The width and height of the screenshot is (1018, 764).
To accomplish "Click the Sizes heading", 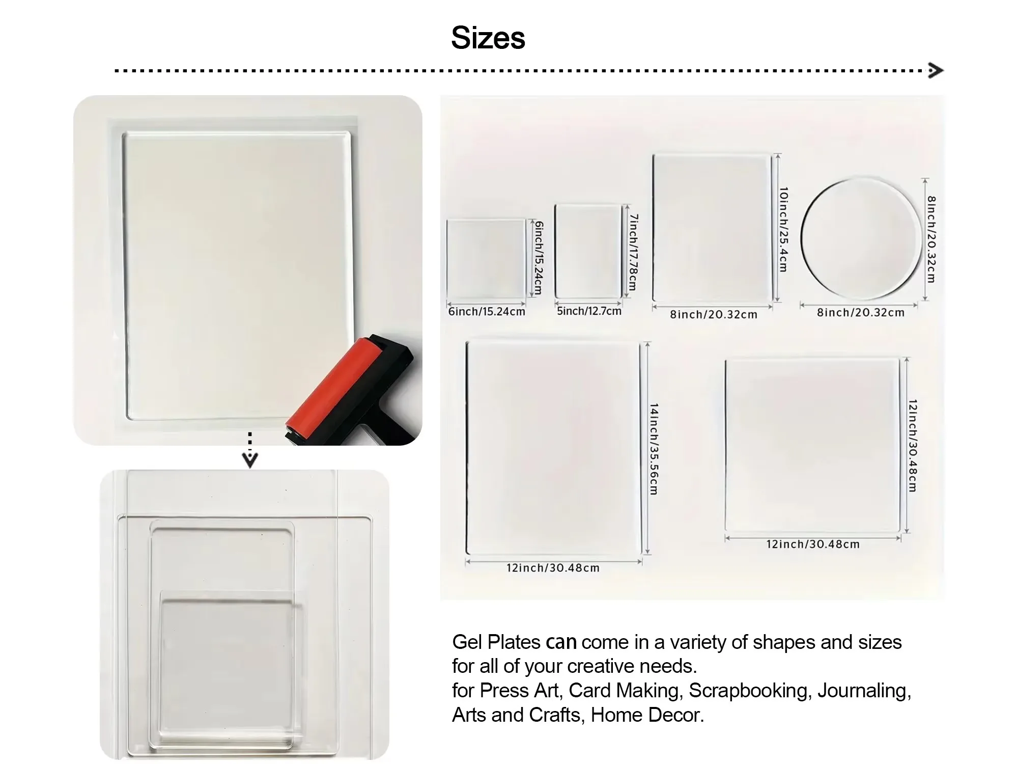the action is point(488,38).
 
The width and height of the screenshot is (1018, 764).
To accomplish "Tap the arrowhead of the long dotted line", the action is point(936,70).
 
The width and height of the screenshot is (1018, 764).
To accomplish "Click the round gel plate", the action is point(861,238).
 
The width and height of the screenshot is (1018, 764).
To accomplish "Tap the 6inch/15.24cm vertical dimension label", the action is point(538,258).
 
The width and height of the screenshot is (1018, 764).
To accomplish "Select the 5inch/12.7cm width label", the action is point(589,311).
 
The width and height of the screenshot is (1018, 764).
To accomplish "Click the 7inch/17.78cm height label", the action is point(633,252).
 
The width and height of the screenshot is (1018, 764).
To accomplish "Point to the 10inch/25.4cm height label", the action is point(783,230).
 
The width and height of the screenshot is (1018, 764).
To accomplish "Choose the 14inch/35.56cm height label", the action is point(654,449).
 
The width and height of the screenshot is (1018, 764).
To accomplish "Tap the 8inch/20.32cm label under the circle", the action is point(861,312).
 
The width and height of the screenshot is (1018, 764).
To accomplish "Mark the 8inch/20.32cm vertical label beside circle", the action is point(931,239).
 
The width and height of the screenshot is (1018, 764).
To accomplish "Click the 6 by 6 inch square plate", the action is point(486,259).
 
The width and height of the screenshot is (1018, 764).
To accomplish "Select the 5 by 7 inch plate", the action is point(588,252).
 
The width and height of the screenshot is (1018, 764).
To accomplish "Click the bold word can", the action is point(561,642).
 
